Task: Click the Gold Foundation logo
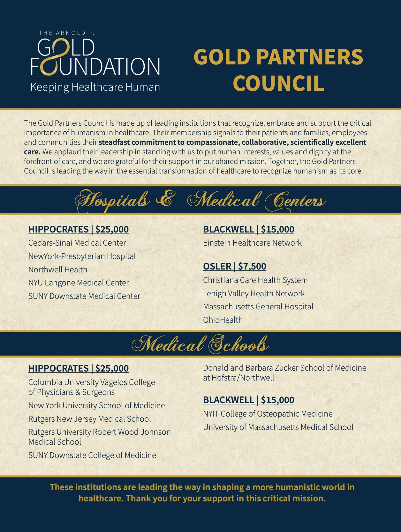click(x=95, y=57)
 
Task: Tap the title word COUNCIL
click(x=278, y=83)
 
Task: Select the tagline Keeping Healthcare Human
click(x=95, y=87)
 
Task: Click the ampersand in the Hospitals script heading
click(x=165, y=199)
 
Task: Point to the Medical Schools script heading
click(x=200, y=344)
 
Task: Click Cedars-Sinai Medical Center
click(x=77, y=243)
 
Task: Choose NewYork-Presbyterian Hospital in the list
click(x=82, y=256)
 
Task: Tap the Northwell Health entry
click(x=58, y=270)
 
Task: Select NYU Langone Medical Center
click(x=79, y=283)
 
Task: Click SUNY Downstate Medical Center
click(x=84, y=296)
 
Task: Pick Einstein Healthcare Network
click(x=252, y=243)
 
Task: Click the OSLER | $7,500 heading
click(x=235, y=266)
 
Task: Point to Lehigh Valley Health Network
click(x=254, y=293)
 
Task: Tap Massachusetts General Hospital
click(x=258, y=307)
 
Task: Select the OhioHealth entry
click(x=223, y=320)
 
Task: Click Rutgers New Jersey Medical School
click(x=89, y=419)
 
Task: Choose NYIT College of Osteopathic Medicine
click(x=268, y=414)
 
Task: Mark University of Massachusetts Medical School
click(x=278, y=427)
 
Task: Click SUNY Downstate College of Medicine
click(x=92, y=455)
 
